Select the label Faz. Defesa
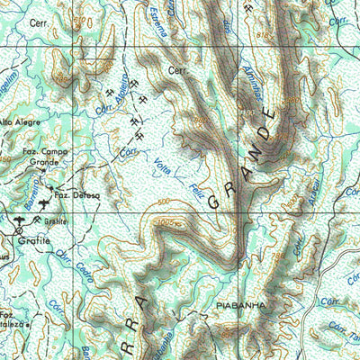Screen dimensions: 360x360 [76, 194]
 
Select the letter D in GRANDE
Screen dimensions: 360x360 [258, 136]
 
